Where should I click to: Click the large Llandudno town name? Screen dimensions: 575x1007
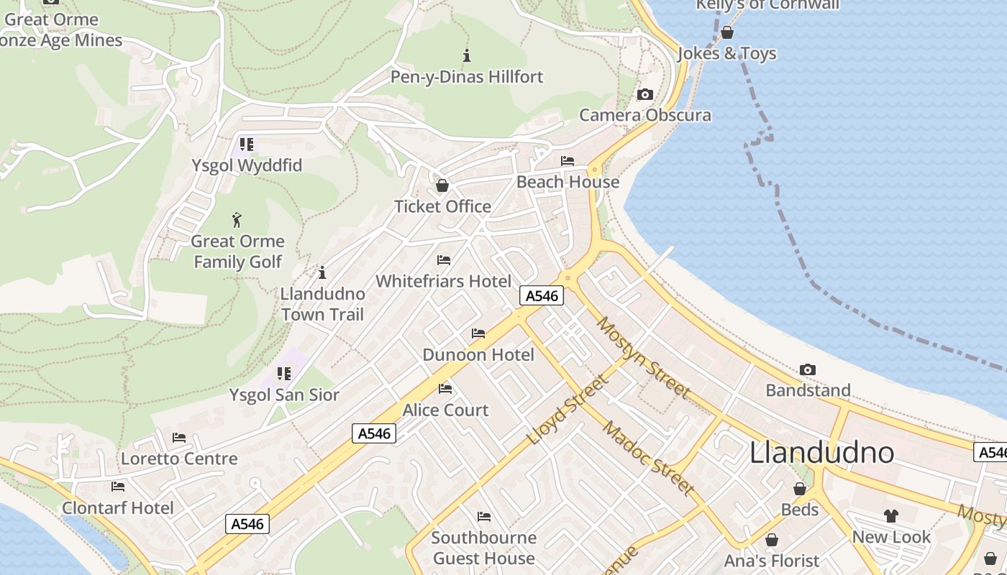[x=821, y=453]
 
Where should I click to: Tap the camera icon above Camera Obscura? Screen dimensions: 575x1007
[x=645, y=94]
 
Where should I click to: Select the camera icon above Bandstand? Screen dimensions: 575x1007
[x=808, y=369]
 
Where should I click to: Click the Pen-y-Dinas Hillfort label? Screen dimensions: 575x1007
[x=466, y=77]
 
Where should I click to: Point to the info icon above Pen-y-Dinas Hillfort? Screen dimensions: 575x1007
[x=467, y=55]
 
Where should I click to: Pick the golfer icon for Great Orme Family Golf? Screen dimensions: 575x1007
[x=237, y=220]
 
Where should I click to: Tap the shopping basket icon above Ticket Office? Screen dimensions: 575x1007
[x=442, y=185]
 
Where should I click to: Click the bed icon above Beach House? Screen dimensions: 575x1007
[x=568, y=161]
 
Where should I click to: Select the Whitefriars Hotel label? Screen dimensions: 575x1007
[x=444, y=281]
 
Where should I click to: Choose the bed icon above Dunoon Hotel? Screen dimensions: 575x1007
[x=478, y=333]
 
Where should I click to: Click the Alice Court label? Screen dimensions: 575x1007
[x=445, y=410]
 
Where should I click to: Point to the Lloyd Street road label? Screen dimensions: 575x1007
[x=568, y=410]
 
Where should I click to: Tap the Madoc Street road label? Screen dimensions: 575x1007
[x=648, y=459]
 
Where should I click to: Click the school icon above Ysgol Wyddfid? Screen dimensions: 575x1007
[x=247, y=144]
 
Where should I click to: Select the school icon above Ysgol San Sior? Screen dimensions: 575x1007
[x=284, y=374]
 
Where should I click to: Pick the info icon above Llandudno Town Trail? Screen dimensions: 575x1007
[x=322, y=272]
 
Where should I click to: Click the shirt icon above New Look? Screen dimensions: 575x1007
[x=891, y=516]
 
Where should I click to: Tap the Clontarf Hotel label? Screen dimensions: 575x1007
[x=118, y=508]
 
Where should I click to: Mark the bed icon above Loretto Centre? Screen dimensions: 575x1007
[x=179, y=437]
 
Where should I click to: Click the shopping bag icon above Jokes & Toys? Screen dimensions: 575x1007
[x=727, y=32]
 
